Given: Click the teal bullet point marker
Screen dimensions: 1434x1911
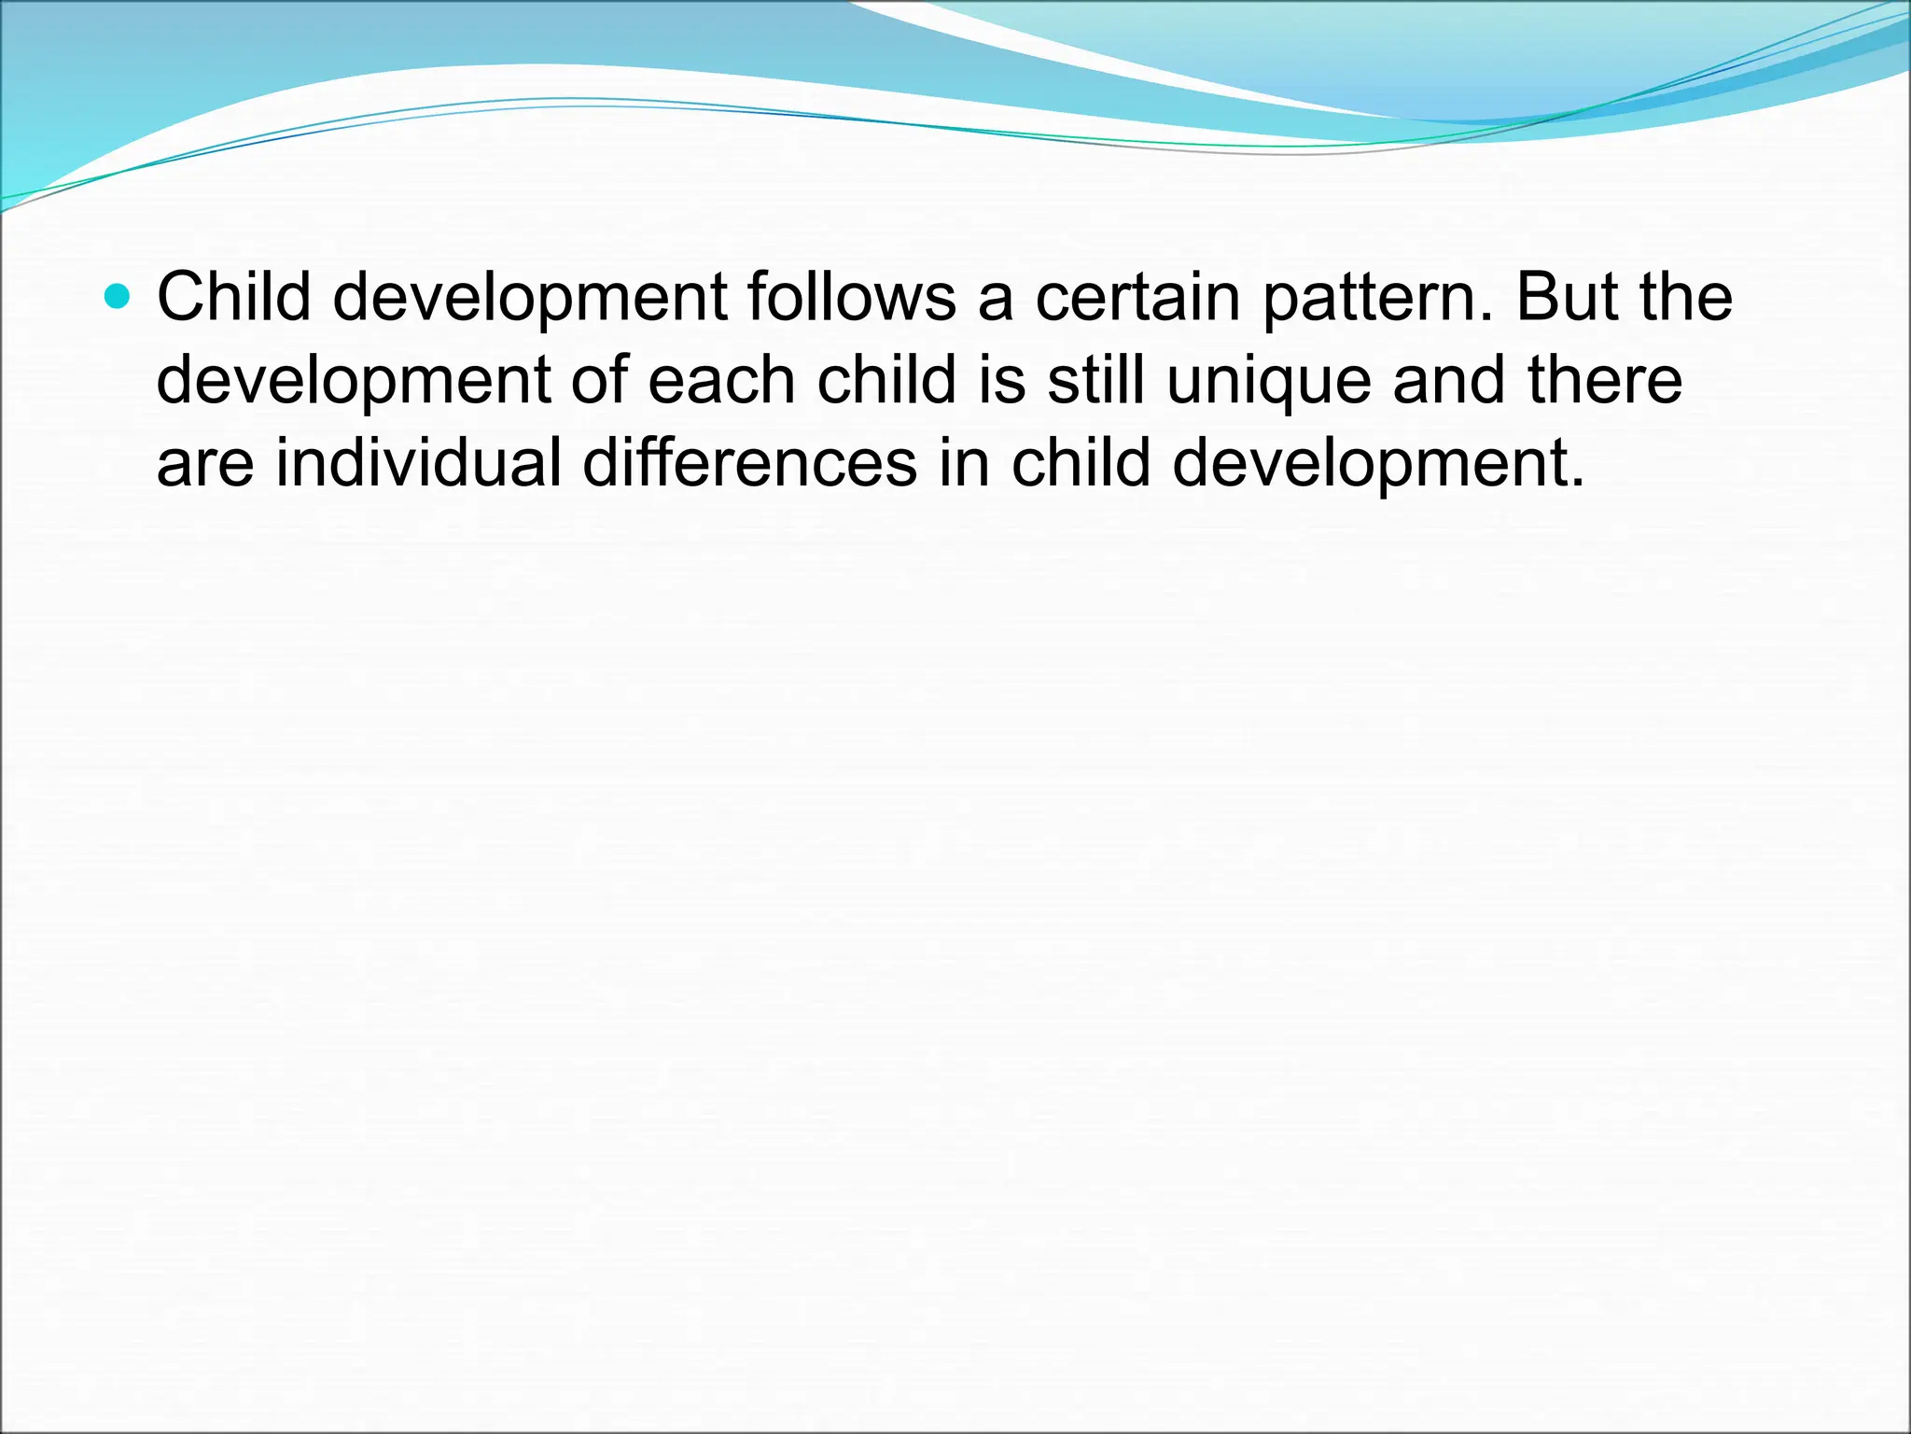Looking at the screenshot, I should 118,298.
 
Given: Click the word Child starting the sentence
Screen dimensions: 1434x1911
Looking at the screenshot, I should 233,298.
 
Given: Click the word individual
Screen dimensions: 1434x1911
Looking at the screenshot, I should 419,463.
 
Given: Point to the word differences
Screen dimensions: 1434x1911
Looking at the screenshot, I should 750,463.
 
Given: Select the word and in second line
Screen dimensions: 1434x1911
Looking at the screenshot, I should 1449,381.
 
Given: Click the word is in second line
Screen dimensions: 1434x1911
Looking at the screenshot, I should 1002,381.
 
